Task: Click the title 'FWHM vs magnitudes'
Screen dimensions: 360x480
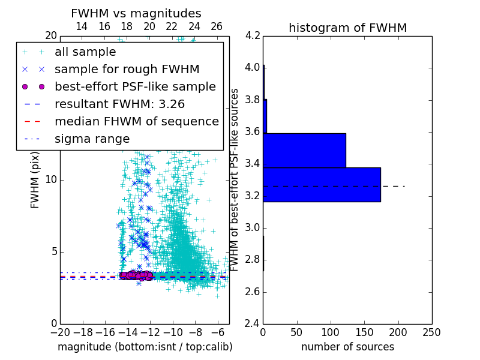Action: [x=136, y=13]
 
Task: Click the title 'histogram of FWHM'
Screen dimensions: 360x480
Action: [x=347, y=28]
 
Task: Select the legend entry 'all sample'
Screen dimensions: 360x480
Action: [x=85, y=52]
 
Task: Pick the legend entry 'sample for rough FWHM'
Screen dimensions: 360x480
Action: [x=127, y=69]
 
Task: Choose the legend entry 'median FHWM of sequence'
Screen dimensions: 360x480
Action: [x=136, y=121]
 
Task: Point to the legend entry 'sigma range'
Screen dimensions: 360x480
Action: [x=92, y=139]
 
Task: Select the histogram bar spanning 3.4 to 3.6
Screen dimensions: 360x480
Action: [x=304, y=150]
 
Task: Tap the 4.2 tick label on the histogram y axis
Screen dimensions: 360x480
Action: [x=253, y=35]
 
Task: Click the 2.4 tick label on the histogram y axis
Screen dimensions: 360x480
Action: [x=253, y=324]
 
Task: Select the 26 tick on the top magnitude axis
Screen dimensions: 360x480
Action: [x=217, y=26]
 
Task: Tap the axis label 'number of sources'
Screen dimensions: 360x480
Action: [x=347, y=347]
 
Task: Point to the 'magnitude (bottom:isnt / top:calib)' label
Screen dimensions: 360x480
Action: [x=145, y=347]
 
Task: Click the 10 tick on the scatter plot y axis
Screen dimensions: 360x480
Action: [x=51, y=179]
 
